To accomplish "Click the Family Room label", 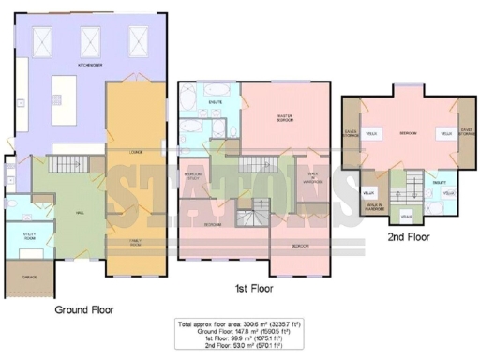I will pyautogui.click(x=122, y=242).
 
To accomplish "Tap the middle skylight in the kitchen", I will pyautogui.click(x=91, y=40).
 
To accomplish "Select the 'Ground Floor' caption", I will pyautogui.click(x=84, y=309).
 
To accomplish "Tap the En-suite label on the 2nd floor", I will pyautogui.click(x=440, y=182).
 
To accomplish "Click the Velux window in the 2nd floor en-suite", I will pyautogui.click(x=448, y=193).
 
